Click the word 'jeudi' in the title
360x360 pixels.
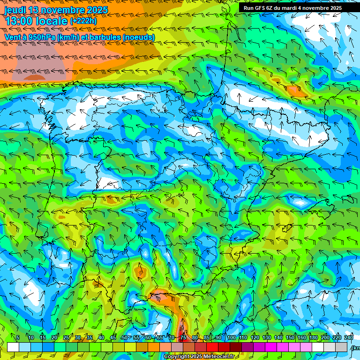pos(15,10)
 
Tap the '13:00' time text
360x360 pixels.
pos(19,21)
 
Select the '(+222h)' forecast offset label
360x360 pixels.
pos(83,21)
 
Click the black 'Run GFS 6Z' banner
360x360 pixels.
pos(292,8)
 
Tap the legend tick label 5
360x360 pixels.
pos(18,337)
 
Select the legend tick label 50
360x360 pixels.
pos(124,337)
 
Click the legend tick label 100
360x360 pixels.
pos(231,337)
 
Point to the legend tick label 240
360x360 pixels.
pos(349,337)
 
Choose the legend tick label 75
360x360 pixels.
pos(183,337)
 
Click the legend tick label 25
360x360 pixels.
pos(66,337)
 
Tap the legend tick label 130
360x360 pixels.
pos(266,337)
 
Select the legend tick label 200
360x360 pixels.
pos(325,337)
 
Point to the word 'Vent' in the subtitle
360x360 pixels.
pos(12,37)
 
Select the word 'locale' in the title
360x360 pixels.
pos(52,21)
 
